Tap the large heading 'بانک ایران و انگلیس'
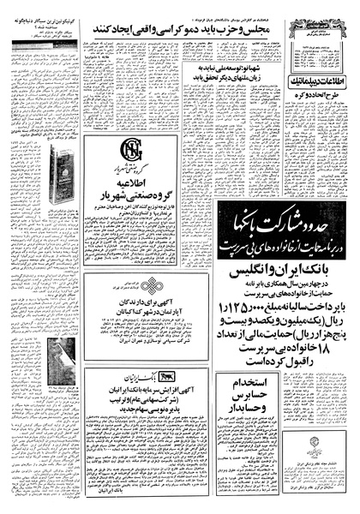273,254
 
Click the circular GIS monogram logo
134,155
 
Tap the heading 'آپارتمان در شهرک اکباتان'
133,314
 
